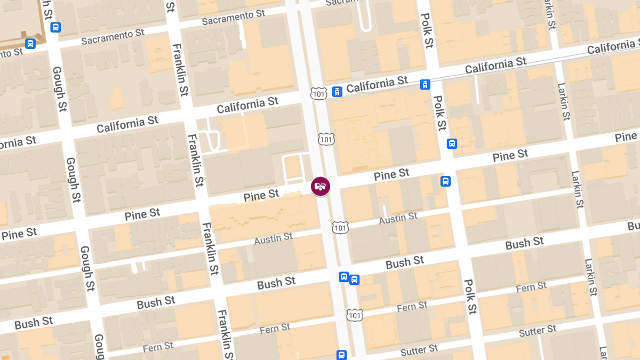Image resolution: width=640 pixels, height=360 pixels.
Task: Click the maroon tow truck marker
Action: [x=321, y=186]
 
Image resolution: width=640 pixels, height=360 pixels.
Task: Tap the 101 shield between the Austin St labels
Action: [x=340, y=227]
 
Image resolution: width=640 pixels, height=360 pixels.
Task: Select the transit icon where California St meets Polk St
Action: [x=425, y=84]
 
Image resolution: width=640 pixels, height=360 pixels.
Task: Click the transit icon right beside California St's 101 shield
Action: [x=337, y=92]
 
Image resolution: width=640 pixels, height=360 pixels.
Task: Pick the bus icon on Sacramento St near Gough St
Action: [x=55, y=27]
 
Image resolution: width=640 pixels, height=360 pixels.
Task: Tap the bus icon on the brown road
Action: [x=30, y=43]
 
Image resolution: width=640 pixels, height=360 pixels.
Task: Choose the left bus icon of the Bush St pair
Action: [x=344, y=277]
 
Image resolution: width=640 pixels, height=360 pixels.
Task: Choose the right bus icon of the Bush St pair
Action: [x=354, y=279]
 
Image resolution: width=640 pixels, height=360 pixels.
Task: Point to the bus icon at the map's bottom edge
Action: [x=341, y=355]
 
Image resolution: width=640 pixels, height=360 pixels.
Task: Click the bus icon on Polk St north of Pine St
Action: [x=452, y=143]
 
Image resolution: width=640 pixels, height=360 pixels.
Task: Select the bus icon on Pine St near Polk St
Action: [x=446, y=181]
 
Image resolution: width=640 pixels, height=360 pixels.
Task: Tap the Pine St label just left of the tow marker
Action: [x=261, y=195]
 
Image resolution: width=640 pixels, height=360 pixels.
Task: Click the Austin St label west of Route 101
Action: [x=273, y=238]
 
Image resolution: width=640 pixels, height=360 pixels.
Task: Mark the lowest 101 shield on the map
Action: [x=355, y=315]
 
